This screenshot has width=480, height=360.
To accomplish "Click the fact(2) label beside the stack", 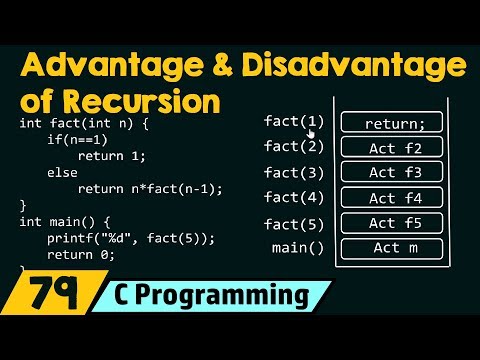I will coord(293,146).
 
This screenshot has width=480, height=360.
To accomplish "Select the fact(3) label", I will coord(293,172).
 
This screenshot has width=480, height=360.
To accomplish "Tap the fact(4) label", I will coord(293,197).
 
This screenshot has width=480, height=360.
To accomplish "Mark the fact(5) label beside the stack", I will coord(293,223).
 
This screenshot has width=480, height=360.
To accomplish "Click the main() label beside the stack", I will coord(298,247).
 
